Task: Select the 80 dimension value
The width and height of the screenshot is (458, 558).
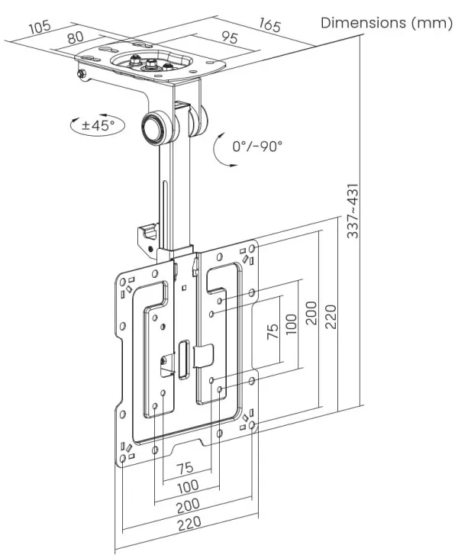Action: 75,37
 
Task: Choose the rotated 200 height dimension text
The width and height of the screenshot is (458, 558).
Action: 311,311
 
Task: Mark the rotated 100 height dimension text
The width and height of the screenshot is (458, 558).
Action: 291,325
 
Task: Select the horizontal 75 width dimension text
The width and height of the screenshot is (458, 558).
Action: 184,468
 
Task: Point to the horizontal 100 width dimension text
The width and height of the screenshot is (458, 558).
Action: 188,485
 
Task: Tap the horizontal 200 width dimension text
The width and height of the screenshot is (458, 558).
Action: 189,505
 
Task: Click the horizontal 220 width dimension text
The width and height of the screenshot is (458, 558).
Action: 188,524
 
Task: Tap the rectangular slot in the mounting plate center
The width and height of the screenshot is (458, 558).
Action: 183,358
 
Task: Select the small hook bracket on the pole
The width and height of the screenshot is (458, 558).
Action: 147,236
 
